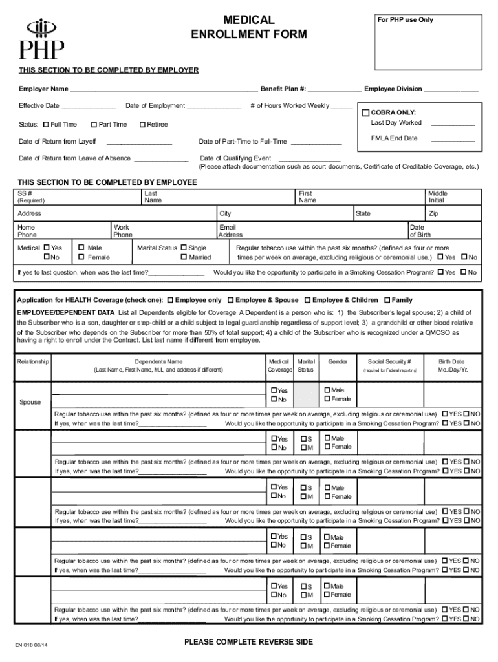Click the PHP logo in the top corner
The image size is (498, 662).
41,38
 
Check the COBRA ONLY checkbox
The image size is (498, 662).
366,112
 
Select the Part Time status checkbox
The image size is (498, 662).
94,125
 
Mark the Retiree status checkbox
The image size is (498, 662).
142,125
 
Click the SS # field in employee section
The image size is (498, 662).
78,197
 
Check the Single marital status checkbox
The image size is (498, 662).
184,248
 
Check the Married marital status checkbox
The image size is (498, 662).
184,257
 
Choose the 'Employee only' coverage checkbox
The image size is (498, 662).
170,301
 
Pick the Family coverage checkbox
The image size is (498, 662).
387,301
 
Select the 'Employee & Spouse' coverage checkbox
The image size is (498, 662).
231,301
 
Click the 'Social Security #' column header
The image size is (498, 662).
389,362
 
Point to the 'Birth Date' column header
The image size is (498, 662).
451,362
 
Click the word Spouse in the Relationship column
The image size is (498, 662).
30,402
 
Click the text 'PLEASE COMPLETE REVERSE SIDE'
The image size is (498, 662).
248,642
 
